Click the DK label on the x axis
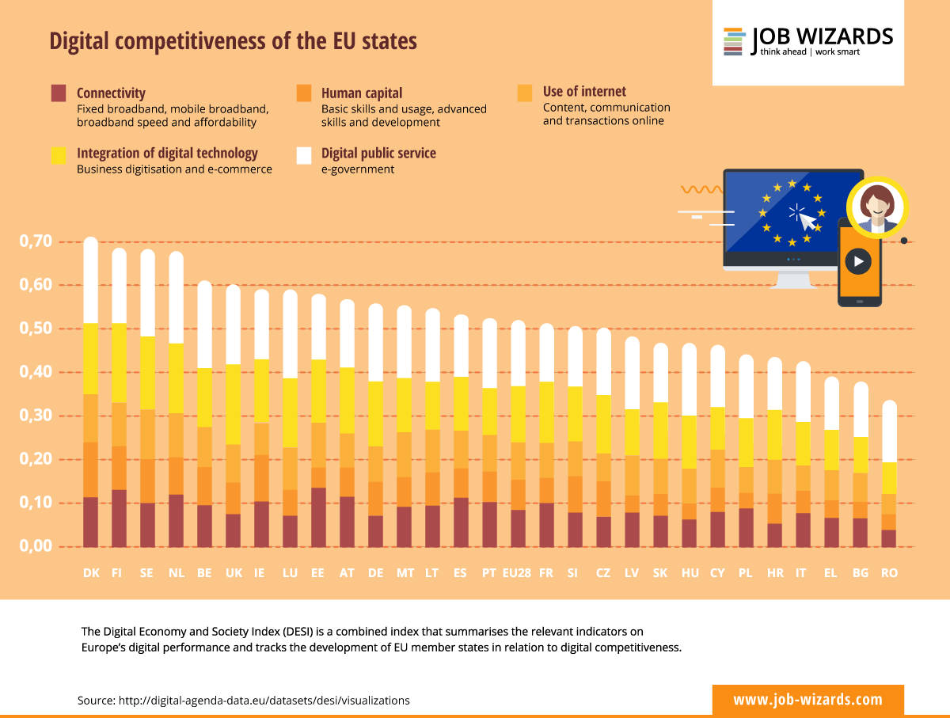click(x=91, y=573)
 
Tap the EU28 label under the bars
click(x=517, y=573)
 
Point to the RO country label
click(x=889, y=573)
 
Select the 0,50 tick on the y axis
click(x=36, y=329)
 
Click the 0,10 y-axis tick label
click(x=36, y=503)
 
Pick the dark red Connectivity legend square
click(x=59, y=93)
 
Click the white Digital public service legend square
click(x=304, y=155)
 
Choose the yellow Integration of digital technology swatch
click(x=59, y=155)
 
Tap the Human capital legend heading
click(x=362, y=93)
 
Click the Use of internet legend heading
click(x=584, y=92)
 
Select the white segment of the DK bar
click(x=91, y=280)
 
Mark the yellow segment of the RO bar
click(x=889, y=478)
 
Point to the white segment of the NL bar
click(x=176, y=298)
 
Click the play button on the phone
click(x=858, y=261)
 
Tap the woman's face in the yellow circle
click(x=876, y=203)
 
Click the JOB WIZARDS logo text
click(x=822, y=36)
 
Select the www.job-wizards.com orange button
click(x=807, y=700)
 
